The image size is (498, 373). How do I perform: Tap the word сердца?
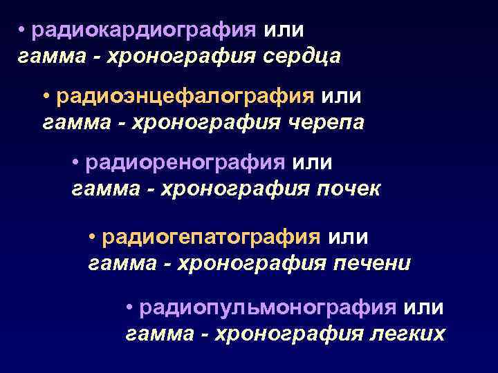(x=302, y=57)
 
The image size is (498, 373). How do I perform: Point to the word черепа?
(x=324, y=122)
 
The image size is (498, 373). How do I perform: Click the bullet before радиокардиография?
(x=22, y=31)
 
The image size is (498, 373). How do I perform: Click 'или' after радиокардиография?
(x=284, y=31)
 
